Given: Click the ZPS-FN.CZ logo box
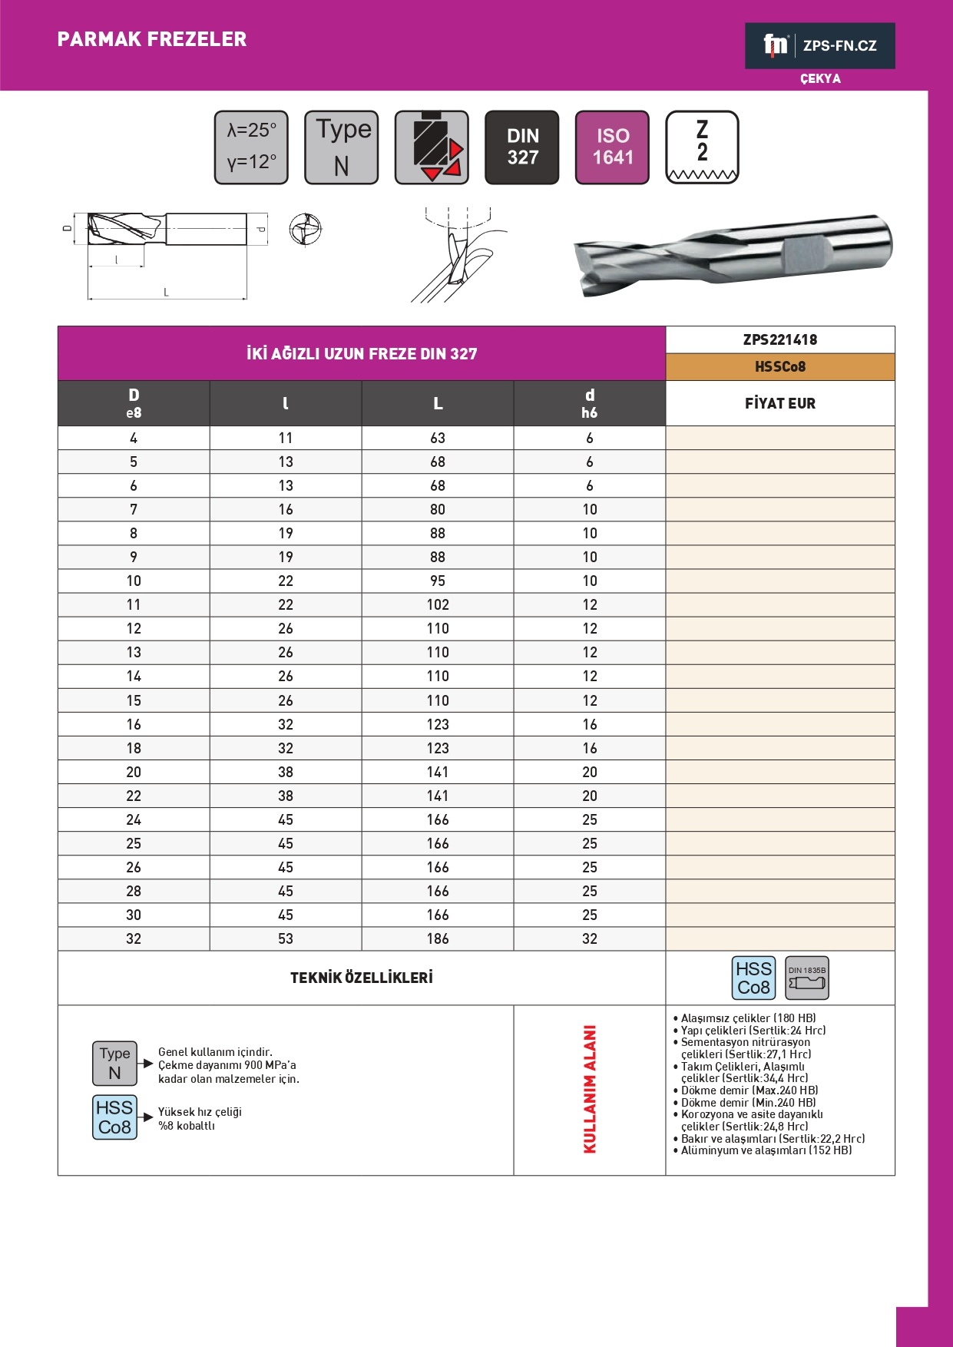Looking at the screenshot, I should click(x=819, y=45).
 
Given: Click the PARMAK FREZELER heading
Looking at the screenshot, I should click(x=152, y=39).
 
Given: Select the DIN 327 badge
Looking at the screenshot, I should click(x=522, y=147).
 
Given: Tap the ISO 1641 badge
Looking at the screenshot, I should click(x=612, y=147).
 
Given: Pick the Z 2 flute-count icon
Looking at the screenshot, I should click(x=702, y=147).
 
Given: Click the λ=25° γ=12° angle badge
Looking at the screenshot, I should click(x=251, y=147).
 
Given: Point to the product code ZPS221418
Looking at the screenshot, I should click(x=779, y=339).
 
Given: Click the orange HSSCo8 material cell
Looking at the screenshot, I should click(x=779, y=366).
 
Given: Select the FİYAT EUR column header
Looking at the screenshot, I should click(x=779, y=403).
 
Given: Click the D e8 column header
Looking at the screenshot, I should click(x=134, y=403).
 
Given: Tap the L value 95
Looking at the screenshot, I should click(x=438, y=581).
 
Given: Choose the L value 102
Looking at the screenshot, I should click(x=438, y=604).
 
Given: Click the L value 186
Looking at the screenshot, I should click(x=438, y=938).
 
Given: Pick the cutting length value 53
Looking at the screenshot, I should click(x=286, y=938).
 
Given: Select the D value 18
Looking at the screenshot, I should click(x=134, y=748).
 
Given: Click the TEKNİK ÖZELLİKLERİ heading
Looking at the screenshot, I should click(x=362, y=978).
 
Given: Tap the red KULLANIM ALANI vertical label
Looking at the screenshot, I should click(x=590, y=1089).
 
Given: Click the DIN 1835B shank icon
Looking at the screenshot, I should click(x=807, y=978).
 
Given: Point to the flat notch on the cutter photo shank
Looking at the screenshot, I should click(x=806, y=254).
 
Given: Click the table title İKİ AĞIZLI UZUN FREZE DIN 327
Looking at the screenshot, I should click(x=362, y=354).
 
